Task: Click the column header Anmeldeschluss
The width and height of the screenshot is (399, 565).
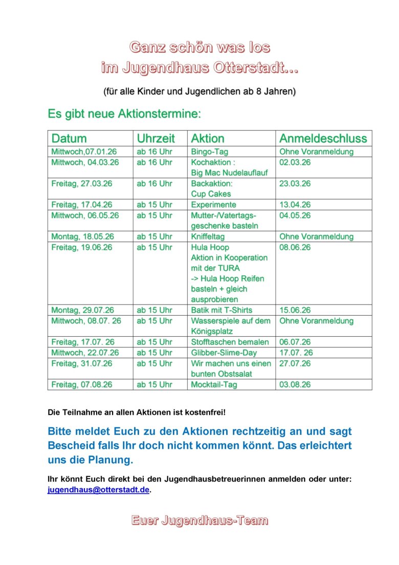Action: [x=323, y=138]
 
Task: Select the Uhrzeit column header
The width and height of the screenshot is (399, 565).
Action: [x=156, y=138]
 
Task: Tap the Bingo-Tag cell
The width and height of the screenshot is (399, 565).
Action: [x=209, y=151]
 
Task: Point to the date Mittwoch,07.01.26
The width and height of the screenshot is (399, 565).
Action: [x=84, y=151]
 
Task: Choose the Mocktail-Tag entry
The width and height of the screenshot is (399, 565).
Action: [x=214, y=384]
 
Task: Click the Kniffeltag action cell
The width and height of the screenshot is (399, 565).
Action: [x=208, y=236]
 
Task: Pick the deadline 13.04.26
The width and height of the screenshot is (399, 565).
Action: [x=295, y=205]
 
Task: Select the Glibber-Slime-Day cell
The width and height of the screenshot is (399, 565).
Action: [x=224, y=353]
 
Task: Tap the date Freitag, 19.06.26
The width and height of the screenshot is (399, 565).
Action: [x=81, y=247]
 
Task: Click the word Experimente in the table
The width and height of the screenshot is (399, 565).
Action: [x=213, y=205]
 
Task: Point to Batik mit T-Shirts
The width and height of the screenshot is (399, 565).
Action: [x=221, y=310]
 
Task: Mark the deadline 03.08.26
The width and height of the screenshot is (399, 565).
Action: [x=295, y=384]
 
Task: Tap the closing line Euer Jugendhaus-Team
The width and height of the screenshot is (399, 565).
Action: [x=199, y=521]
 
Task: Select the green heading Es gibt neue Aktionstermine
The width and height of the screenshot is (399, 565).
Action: [x=124, y=114]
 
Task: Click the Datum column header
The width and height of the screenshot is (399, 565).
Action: [x=69, y=138]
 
